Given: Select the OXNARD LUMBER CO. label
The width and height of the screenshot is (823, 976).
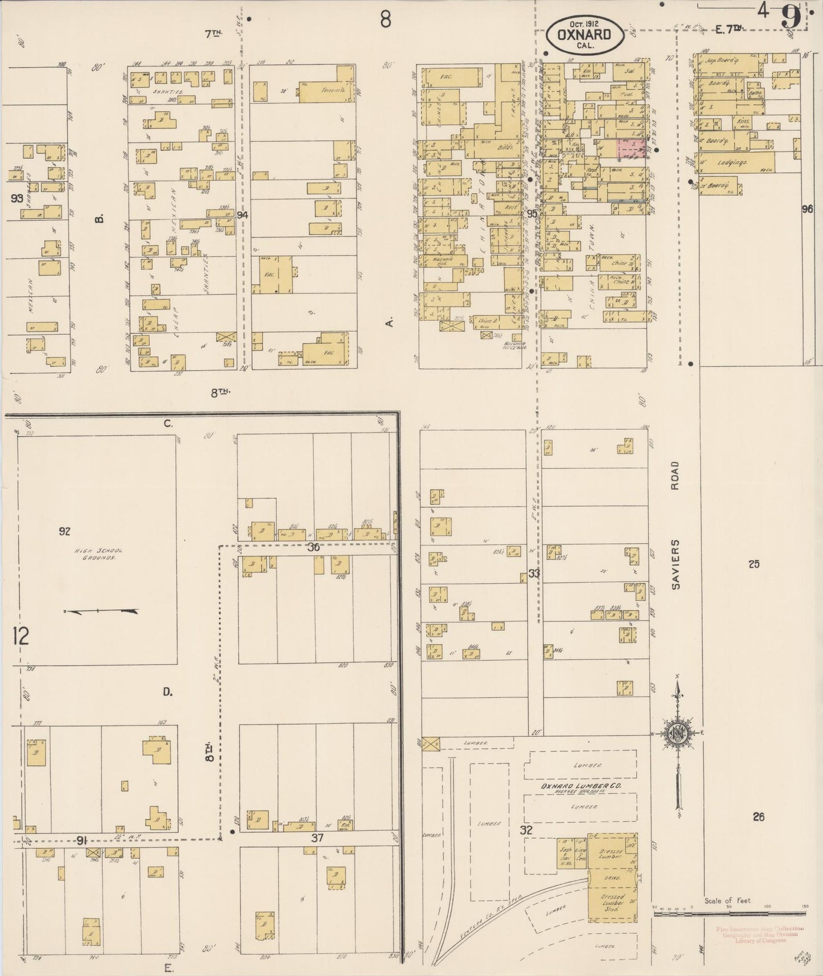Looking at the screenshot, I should pos(581,786).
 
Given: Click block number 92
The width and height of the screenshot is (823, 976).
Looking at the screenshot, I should pos(64,531).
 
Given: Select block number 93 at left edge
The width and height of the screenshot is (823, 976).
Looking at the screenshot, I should pos(17,199).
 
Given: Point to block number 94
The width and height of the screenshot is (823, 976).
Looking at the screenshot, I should pos(243,215).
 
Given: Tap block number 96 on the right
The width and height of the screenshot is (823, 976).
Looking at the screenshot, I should pos(806,209).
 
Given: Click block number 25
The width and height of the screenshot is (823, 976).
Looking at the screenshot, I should pos(754,564).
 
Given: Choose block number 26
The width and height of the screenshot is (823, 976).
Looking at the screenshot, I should pos(758,817).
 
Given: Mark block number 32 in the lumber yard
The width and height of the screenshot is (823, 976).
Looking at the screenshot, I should pos(526,830).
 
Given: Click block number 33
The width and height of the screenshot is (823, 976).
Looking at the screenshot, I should pos(533,573).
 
